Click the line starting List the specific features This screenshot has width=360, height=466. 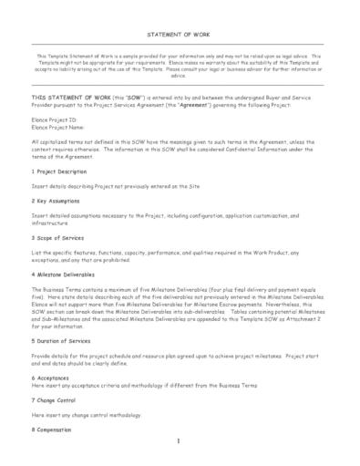[x=173, y=251]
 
